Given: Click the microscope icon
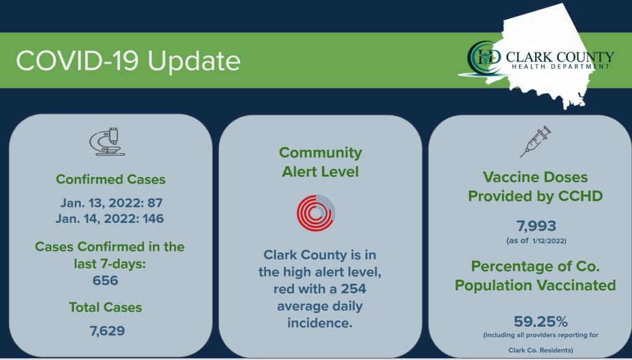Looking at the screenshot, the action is pos(107,141).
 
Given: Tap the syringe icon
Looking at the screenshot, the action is pos(535,141).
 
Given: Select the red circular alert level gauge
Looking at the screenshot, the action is pos(315,213).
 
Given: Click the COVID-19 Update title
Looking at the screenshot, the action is pos(128,61).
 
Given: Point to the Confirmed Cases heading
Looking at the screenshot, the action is pos(110,180).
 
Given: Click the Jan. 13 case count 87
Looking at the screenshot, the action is pos(155,203).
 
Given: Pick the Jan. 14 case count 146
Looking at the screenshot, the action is pos(153,219).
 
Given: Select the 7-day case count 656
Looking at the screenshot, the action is pos(105,280).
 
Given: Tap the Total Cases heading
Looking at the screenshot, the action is pos(106,307).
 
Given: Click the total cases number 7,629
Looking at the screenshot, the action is pos(107,331).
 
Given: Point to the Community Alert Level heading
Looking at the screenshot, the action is pos(320,162).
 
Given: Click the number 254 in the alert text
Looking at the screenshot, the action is pos(354,288).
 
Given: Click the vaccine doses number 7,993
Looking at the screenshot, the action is pos(536,226).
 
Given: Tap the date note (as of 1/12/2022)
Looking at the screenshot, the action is pos(536,241).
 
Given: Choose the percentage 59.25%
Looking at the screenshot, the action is pos(541,322).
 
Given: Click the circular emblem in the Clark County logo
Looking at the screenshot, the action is pos(484,57).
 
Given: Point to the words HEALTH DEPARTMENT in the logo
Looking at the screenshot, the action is pos(560,67).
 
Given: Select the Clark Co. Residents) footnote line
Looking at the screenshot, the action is pos(541,350).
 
